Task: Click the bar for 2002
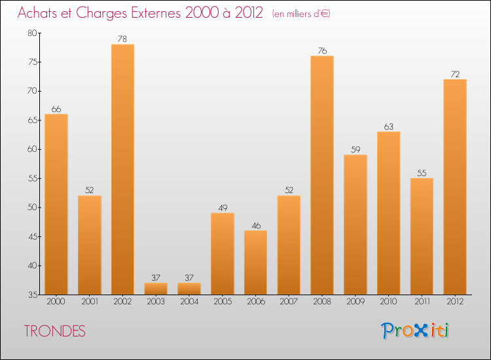122,170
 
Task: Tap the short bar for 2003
156,289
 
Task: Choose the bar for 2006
255,262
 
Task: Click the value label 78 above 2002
122,39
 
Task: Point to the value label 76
322,51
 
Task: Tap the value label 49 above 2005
223,208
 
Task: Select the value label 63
389,127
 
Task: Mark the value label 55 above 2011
422,173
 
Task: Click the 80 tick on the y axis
33,33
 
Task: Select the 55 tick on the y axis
33,178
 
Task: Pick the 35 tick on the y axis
33,295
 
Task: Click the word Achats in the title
41,13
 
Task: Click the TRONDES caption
55,331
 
